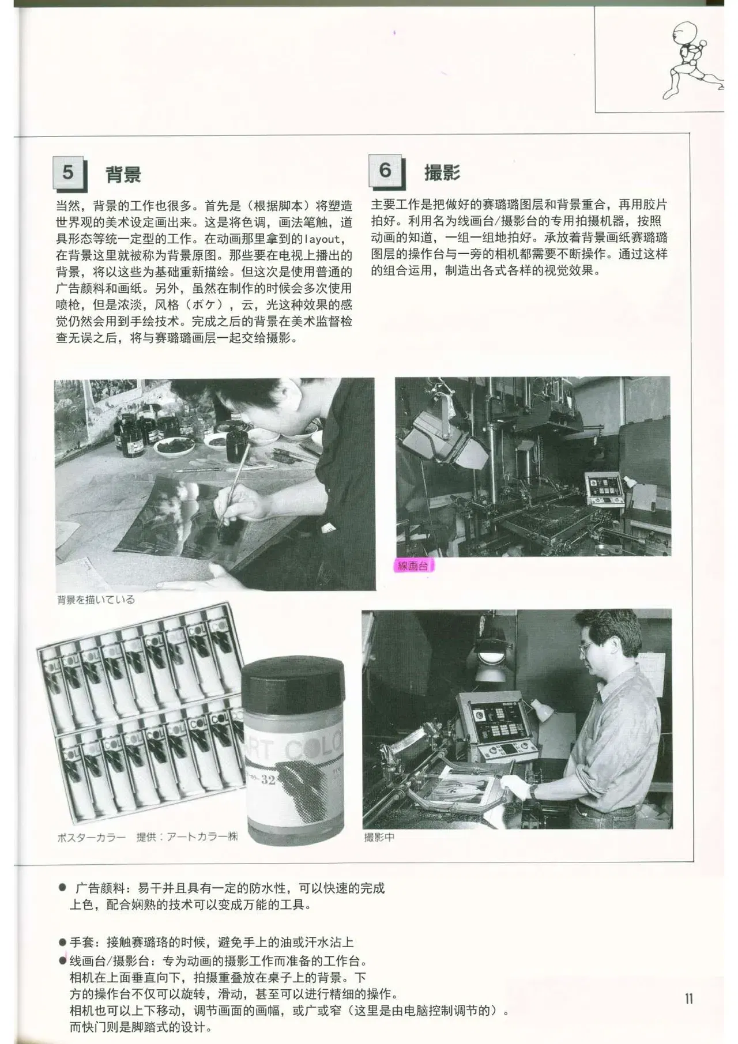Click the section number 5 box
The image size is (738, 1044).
(69, 173)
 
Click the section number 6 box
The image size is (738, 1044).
(386, 171)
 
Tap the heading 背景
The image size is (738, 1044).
(123, 174)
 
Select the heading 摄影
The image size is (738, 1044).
(442, 172)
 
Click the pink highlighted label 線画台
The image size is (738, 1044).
(413, 566)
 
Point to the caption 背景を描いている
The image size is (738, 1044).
(96, 600)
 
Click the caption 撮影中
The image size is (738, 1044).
(379, 837)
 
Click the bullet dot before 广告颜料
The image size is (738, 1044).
(62, 888)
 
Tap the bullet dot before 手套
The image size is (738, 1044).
(62, 943)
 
